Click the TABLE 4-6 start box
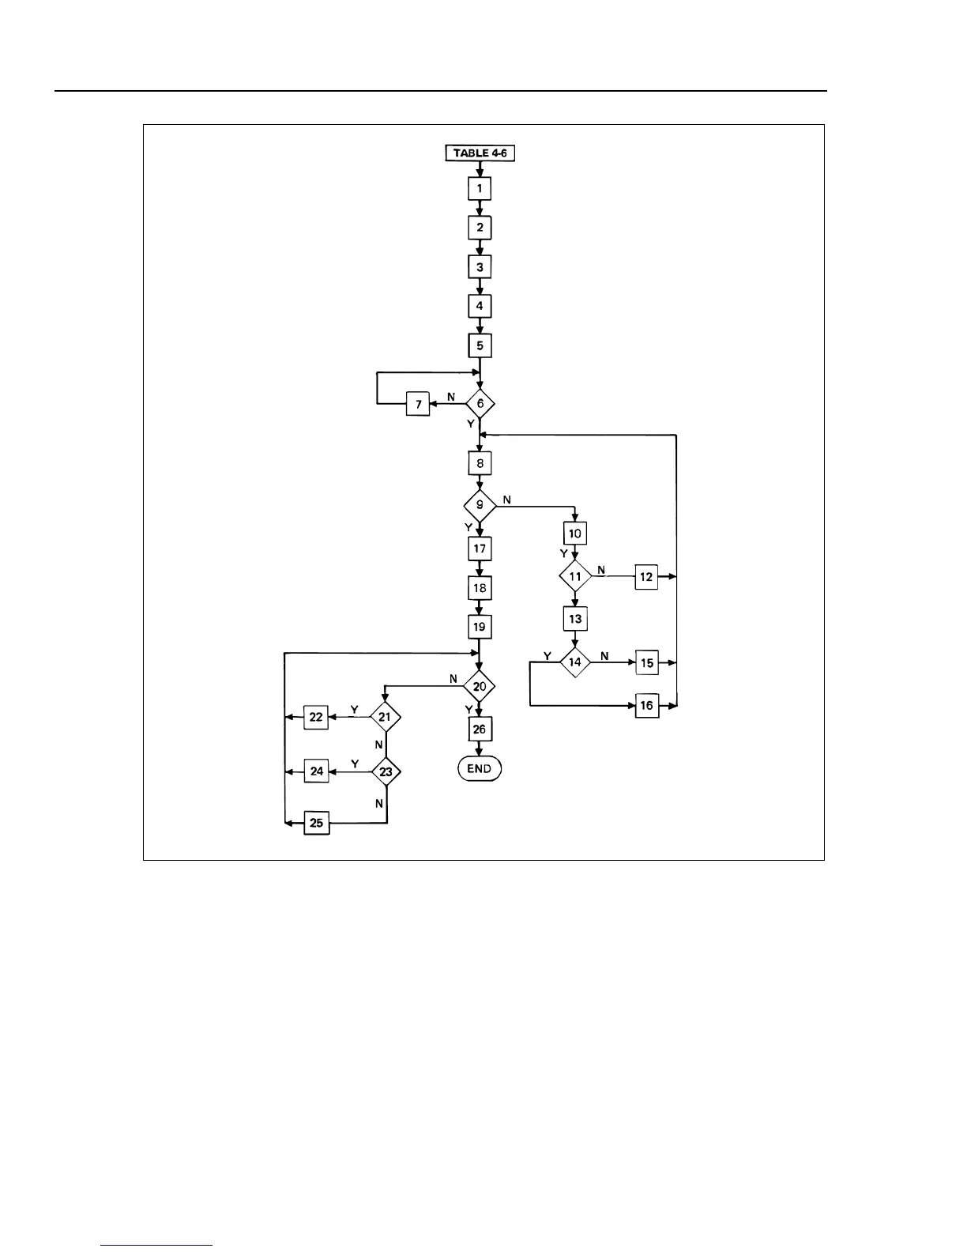click(480, 153)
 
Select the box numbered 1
click(480, 189)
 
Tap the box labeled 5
click(480, 346)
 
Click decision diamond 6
click(480, 404)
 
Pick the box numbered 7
click(418, 405)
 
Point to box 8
click(480, 463)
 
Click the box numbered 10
click(575, 534)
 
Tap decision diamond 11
click(575, 577)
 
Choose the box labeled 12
click(646, 577)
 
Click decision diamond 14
click(575, 662)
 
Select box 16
click(646, 706)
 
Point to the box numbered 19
click(480, 627)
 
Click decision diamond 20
click(480, 687)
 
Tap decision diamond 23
click(386, 771)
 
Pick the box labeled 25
click(317, 824)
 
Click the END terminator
click(480, 769)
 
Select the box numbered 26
click(480, 730)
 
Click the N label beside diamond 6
click(451, 397)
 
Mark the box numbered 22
click(317, 718)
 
